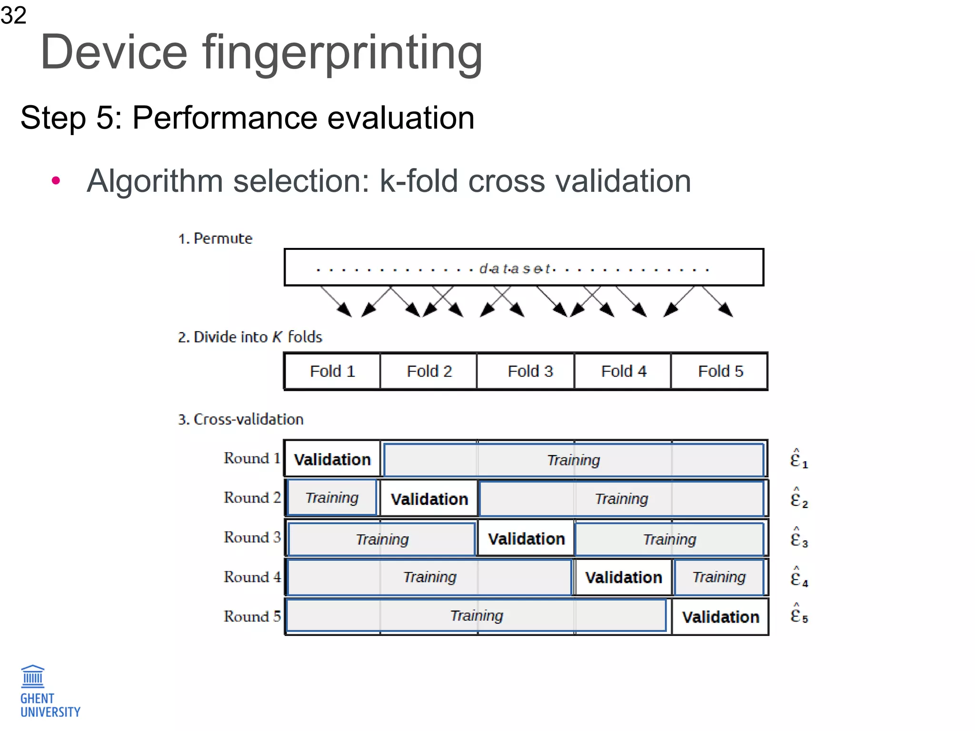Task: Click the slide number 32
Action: pyautogui.click(x=13, y=15)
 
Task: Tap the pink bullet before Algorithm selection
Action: pyautogui.click(x=56, y=180)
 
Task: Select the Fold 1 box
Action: pyautogui.click(x=332, y=371)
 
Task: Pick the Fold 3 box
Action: pyautogui.click(x=530, y=371)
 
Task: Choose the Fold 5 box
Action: pyautogui.click(x=720, y=371)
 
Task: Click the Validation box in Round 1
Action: pyautogui.click(x=332, y=459)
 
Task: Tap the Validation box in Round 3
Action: pyautogui.click(x=526, y=539)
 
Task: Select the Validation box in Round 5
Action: pyautogui.click(x=720, y=617)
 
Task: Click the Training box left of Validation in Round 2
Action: pyautogui.click(x=332, y=498)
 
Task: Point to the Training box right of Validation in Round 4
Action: pyautogui.click(x=719, y=577)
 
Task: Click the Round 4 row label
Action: pyautogui.click(x=252, y=577)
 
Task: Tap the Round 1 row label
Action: pyautogui.click(x=252, y=458)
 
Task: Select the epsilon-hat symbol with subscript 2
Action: pyautogui.click(x=798, y=498)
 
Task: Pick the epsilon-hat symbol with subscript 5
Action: pyautogui.click(x=798, y=614)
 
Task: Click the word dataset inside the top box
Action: pyautogui.click(x=516, y=269)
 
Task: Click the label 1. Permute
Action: pyautogui.click(x=215, y=238)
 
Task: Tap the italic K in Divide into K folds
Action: pyautogui.click(x=277, y=337)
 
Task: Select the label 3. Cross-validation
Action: pyautogui.click(x=240, y=419)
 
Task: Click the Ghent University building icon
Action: pyautogui.click(x=33, y=676)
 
